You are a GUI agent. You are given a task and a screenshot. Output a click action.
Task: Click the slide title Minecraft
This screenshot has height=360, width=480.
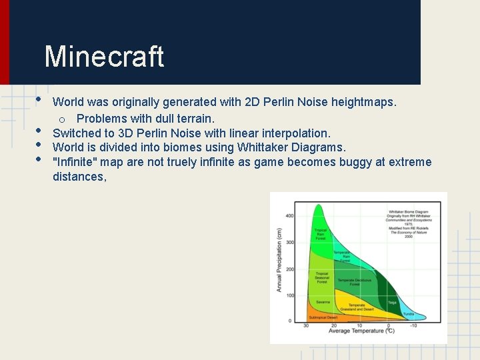point(104,57)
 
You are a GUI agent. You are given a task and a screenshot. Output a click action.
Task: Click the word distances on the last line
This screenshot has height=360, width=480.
point(79,177)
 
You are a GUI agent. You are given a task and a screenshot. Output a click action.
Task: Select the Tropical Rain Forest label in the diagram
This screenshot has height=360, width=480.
point(321,233)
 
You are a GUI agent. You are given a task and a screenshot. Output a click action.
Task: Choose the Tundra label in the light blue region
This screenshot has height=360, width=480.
point(409,313)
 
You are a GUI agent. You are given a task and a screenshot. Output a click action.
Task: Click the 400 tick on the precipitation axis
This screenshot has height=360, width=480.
point(289,216)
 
